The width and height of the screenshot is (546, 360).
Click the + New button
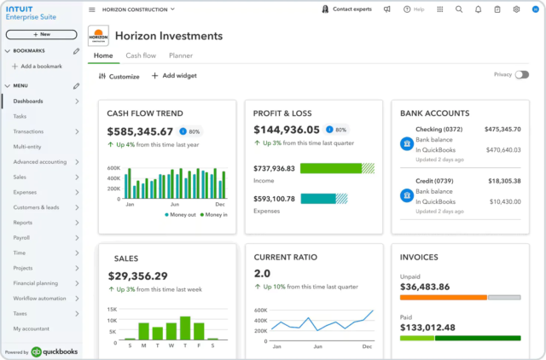pos(41,34)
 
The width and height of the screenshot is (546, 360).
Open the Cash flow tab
pos(141,55)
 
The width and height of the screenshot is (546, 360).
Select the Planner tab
pos(180,55)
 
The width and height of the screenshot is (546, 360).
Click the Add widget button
pos(174,76)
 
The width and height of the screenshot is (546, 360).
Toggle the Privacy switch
pos(521,75)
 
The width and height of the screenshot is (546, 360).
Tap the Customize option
pos(119,76)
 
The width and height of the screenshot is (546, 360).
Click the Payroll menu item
pos(22,237)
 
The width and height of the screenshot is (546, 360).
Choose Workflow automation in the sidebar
pos(39,299)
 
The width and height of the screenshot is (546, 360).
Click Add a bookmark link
pos(41,66)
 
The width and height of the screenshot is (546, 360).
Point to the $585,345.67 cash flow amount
pos(140,131)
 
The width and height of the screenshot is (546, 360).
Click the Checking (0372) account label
pos(440,130)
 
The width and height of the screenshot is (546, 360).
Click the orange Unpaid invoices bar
pos(443,297)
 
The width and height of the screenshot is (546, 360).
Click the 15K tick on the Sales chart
pos(112,309)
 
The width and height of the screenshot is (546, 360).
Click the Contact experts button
pos(347,9)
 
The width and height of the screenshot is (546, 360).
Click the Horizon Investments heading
pos(168,36)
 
